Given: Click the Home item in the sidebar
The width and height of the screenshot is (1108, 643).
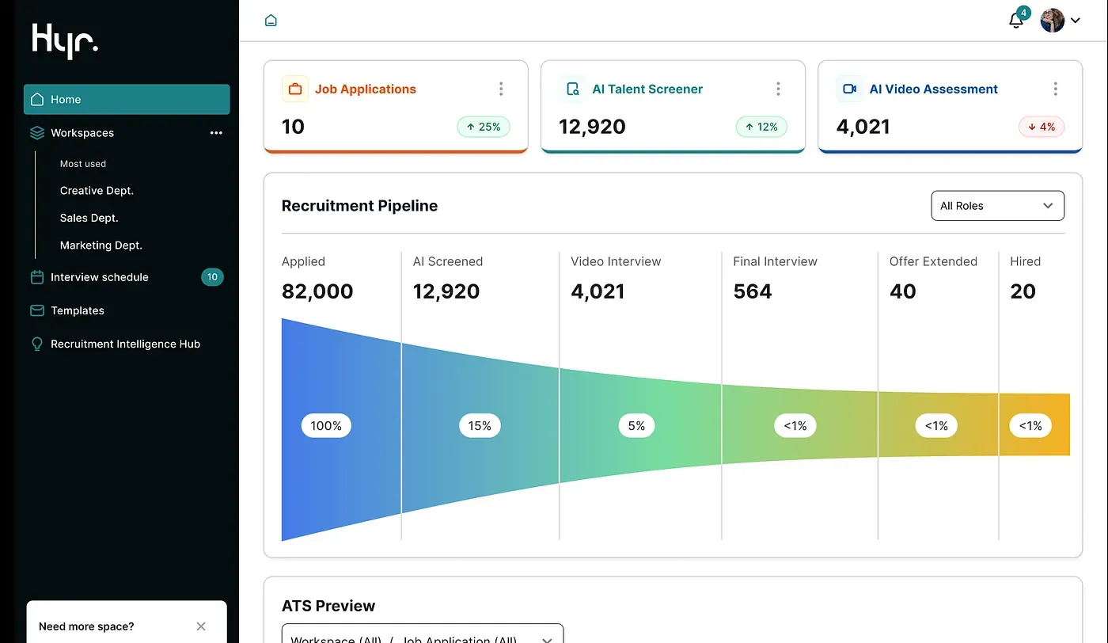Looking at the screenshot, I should click(127, 100).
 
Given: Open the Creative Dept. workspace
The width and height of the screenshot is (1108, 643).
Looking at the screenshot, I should click(97, 191).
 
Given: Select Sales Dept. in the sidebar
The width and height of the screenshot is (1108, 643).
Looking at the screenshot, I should click(89, 218).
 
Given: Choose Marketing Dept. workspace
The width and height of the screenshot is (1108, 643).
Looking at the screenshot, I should click(101, 245).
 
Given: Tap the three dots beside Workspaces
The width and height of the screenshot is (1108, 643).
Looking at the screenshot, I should click(216, 133).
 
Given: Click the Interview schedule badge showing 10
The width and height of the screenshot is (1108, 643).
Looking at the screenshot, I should click(212, 277).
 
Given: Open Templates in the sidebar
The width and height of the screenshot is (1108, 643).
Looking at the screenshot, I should click(77, 310).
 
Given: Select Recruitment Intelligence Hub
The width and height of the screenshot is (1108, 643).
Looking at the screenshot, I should click(125, 344).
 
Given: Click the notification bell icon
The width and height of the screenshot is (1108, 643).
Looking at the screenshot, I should click(1016, 21).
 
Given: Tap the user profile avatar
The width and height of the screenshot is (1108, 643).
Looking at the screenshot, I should click(1052, 21).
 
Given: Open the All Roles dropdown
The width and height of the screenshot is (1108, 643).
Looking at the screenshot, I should click(997, 206).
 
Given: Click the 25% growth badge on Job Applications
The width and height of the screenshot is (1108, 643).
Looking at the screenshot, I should click(484, 127).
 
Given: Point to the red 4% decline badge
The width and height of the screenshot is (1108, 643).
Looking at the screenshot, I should click(1041, 127).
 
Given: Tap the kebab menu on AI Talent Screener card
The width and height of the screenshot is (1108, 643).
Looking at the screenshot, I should click(778, 89).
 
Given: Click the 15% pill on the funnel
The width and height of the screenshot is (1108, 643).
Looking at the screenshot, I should click(480, 426).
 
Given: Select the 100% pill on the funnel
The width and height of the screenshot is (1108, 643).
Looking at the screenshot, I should click(326, 426).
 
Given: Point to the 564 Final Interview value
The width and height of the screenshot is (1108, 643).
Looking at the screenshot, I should click(752, 291).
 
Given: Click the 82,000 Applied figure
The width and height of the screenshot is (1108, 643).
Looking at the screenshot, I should click(317, 291).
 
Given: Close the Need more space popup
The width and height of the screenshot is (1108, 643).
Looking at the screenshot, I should click(201, 626).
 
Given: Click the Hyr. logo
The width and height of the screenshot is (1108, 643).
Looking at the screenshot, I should click(65, 40).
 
